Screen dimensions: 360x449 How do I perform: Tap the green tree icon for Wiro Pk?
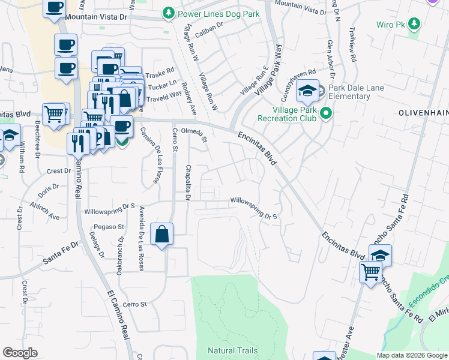point(413,24)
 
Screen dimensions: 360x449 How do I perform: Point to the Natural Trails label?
point(233,350)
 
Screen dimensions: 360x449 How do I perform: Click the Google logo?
point(20,353)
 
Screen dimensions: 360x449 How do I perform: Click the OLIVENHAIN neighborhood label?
point(422,112)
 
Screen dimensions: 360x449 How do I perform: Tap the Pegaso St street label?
point(108,227)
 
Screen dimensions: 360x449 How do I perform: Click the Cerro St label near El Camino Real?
point(135,304)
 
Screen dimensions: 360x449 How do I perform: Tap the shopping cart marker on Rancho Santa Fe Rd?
point(370,272)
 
